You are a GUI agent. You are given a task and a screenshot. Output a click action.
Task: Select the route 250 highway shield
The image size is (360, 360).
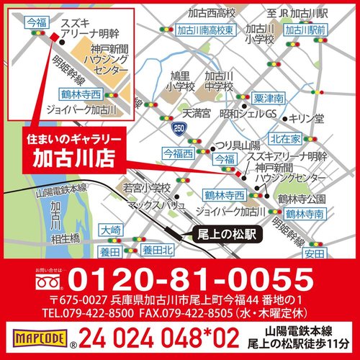click(x=178, y=127)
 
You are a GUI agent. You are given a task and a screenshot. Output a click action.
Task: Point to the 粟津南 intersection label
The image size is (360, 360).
click(x=269, y=98)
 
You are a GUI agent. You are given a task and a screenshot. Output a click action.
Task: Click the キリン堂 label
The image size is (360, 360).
click(x=311, y=117)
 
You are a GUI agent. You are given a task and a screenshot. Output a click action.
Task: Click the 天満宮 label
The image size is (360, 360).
click(x=195, y=113)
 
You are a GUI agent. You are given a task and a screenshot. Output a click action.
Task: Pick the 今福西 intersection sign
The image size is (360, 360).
click(x=179, y=153)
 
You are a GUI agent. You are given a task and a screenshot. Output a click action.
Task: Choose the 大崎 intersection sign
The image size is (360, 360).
click(x=112, y=230)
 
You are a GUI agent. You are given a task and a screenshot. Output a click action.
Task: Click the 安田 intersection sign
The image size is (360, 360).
click(x=313, y=253)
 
